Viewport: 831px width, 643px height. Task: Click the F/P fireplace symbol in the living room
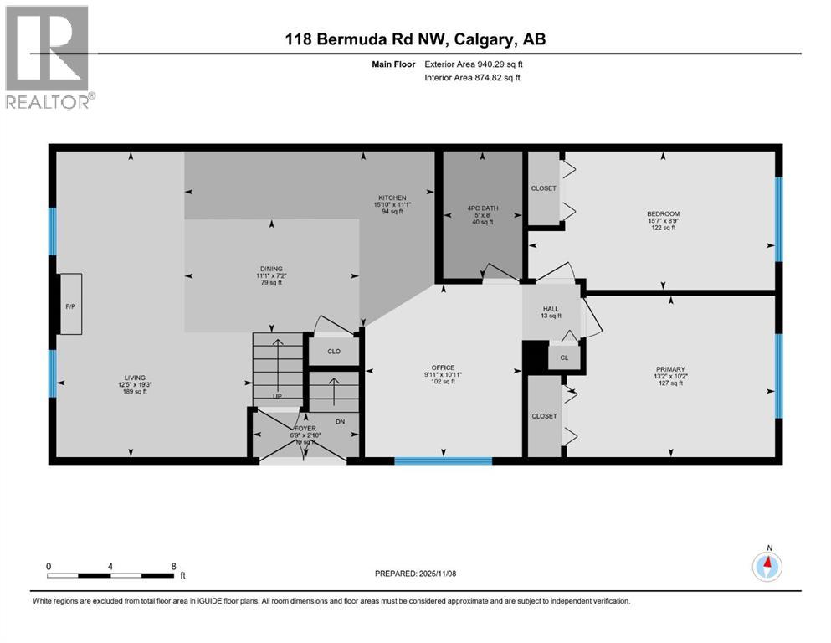coord(70,306)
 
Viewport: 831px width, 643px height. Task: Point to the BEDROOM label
coord(662,213)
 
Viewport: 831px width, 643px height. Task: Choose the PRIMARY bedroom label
coord(670,369)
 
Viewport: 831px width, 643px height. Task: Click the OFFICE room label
coord(442,368)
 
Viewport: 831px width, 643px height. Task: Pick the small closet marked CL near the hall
coord(564,358)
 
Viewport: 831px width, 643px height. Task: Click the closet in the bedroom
coord(543,188)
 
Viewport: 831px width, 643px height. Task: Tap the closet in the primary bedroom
coord(543,416)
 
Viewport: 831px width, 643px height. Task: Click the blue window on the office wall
coord(431,460)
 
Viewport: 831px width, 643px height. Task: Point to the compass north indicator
coord(767,566)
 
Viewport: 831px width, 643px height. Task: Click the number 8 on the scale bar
coord(172,566)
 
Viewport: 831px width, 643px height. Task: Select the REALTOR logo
coord(49,57)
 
